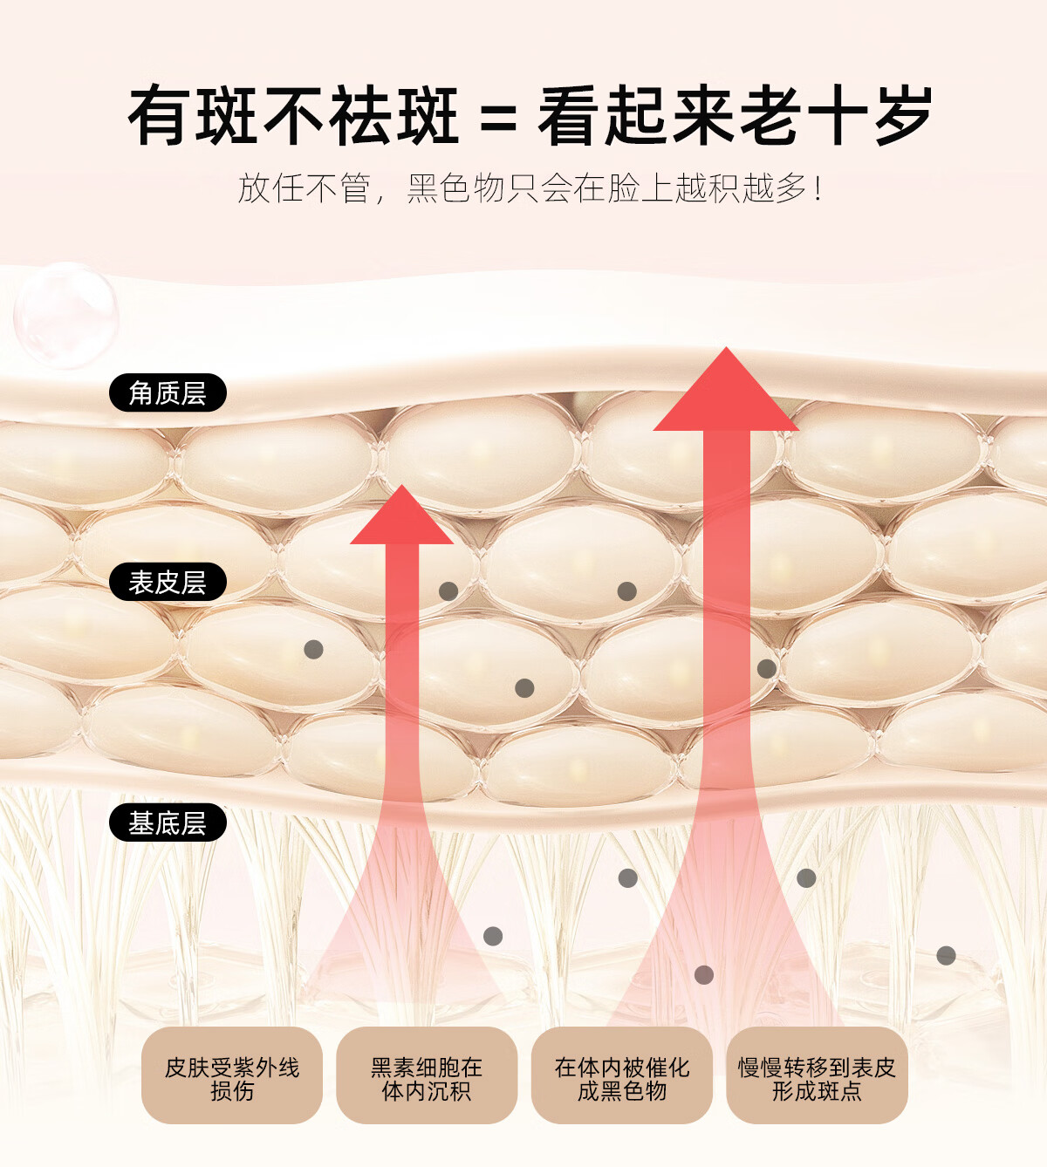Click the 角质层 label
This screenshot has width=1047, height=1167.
168,393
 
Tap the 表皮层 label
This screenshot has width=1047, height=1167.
168,582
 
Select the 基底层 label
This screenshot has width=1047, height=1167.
168,822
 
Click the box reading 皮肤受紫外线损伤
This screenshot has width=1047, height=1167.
232,1078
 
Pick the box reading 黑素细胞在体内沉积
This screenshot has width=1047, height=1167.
427,1078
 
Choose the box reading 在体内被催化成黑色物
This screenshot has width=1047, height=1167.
622,1078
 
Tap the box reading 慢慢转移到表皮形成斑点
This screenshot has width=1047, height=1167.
817,1078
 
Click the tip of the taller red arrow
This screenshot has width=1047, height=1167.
726,351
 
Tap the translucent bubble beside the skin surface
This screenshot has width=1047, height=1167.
65,314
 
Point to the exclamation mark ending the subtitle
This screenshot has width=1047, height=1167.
817,188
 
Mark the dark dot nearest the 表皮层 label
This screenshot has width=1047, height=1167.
313,650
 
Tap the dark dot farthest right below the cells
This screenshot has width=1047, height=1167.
946,956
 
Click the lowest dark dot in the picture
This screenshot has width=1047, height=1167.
704,975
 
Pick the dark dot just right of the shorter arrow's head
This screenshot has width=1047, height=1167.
448,591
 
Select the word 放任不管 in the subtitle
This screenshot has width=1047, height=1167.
305,188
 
